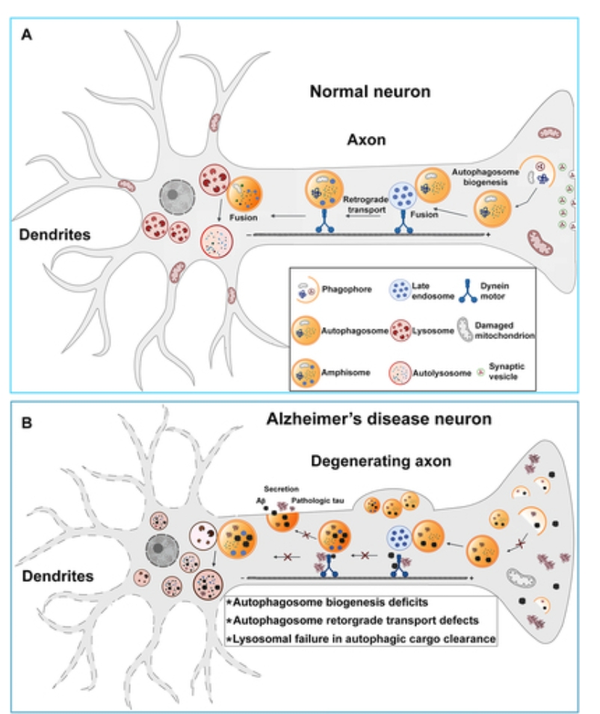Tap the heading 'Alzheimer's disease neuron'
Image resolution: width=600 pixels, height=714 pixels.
[380, 420]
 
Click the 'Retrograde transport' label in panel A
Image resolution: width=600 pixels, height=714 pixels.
[363, 205]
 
